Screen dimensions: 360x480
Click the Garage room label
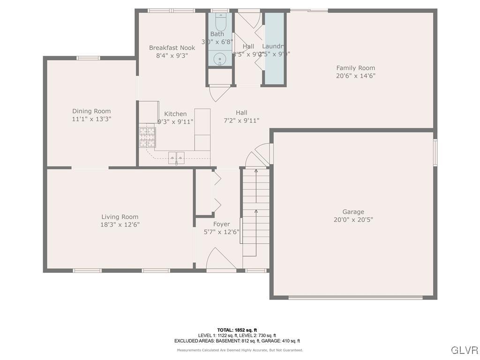click(x=353, y=212)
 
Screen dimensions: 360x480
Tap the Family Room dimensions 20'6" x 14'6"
click(x=355, y=75)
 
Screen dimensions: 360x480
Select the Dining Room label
click(x=91, y=111)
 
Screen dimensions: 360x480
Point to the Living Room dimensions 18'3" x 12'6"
click(x=120, y=225)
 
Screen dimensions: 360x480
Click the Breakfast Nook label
click(x=172, y=48)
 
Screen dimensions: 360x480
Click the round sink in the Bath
click(x=220, y=59)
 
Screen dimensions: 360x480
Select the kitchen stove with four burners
click(x=147, y=136)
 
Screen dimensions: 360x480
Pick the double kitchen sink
click(x=176, y=158)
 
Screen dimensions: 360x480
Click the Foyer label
click(x=221, y=224)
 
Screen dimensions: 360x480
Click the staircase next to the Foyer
click(x=256, y=211)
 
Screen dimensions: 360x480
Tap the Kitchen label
click(x=175, y=114)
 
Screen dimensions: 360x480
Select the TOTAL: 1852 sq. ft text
click(x=237, y=330)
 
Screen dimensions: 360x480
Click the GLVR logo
click(x=464, y=350)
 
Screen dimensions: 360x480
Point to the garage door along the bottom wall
click(x=355, y=297)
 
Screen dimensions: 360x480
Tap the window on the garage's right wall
click(x=435, y=152)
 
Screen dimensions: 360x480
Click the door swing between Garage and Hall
click(x=260, y=155)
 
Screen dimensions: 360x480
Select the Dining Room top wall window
click(x=88, y=58)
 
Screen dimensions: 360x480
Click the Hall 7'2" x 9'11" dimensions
click(x=241, y=120)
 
